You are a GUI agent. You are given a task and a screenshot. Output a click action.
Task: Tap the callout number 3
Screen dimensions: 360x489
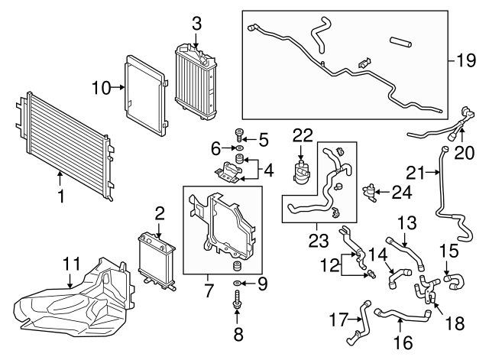click(x=196, y=23)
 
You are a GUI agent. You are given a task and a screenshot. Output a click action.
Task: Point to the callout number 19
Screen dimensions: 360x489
click(x=465, y=59)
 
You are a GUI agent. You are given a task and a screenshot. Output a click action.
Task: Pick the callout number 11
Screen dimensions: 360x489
click(x=71, y=265)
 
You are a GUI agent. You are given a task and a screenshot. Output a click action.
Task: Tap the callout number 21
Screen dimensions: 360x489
click(x=414, y=170)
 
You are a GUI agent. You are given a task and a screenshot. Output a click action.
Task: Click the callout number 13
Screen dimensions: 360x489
click(x=407, y=224)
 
